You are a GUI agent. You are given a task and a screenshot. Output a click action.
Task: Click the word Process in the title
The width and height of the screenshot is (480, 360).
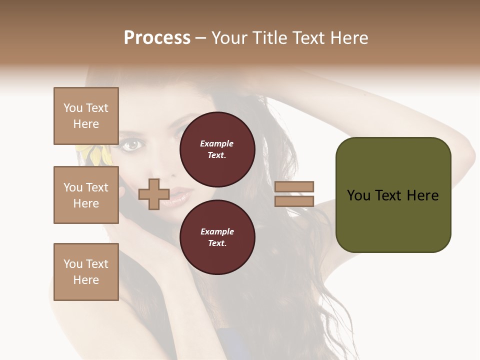click(x=157, y=37)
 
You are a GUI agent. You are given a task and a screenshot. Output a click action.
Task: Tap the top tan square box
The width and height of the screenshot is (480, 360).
click(x=86, y=116)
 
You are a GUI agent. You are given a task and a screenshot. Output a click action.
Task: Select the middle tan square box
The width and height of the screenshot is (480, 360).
click(x=86, y=195)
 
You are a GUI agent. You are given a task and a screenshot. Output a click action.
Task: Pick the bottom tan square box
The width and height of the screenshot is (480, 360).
click(x=86, y=272)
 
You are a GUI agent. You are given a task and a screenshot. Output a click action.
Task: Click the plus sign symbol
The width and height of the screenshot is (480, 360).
click(x=154, y=194)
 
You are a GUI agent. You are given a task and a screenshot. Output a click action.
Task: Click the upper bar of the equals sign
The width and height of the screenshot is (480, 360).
click(x=294, y=186)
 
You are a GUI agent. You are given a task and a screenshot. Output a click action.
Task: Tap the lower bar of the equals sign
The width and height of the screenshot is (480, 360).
click(x=294, y=201)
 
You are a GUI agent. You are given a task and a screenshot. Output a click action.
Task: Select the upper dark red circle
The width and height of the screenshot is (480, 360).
click(x=217, y=149)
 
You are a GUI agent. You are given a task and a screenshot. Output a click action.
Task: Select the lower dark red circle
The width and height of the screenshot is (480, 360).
click(x=217, y=237)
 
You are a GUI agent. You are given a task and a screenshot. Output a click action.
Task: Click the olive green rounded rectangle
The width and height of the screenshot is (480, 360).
click(x=393, y=194)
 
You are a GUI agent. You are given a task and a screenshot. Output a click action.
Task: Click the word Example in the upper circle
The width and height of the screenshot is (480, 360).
click(x=216, y=143)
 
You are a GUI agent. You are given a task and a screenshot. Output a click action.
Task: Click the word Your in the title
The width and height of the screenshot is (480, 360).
click(x=229, y=37)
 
